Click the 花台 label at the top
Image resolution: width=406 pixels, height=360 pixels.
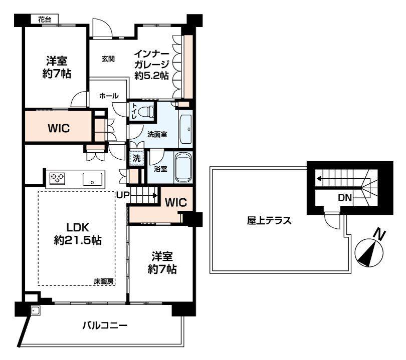[45, 20]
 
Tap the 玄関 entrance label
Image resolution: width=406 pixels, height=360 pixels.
[108, 59]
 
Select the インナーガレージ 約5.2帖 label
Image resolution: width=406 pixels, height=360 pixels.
[152, 65]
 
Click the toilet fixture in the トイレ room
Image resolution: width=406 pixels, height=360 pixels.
[146, 112]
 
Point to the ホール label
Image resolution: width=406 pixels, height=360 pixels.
[109, 96]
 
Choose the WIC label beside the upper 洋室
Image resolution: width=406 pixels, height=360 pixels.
[59, 128]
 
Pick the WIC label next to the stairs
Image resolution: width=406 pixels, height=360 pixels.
[176, 202]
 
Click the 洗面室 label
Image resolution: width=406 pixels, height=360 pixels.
[157, 135]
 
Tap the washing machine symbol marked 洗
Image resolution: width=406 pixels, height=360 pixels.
[136, 158]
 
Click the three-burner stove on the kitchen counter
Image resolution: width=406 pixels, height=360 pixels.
[57, 178]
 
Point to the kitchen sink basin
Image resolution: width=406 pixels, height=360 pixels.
[92, 179]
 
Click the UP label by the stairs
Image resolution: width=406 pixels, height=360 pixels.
[123, 195]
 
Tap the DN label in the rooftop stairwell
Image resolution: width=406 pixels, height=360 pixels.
[345, 198]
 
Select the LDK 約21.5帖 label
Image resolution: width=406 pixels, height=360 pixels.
[78, 234]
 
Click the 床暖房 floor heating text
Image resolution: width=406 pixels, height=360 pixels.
[104, 281]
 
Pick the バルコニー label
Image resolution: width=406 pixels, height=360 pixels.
[105, 325]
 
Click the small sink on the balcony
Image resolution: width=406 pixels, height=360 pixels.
[36, 310]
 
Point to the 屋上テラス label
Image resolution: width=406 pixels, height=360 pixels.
[269, 221]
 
